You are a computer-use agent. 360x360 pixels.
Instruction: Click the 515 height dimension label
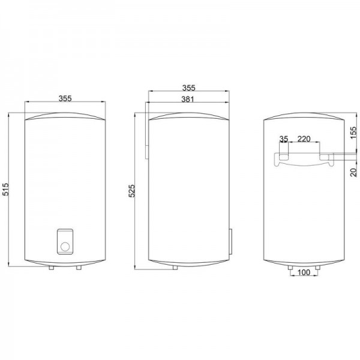pos(5,190)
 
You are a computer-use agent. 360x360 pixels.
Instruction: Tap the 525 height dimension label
pos(132,191)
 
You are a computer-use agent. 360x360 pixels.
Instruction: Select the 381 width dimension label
pos(188,99)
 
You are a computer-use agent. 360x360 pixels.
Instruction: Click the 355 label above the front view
pos(65,98)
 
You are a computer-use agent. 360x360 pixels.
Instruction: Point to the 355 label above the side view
pos(189,88)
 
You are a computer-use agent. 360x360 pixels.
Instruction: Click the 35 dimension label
pos(284,139)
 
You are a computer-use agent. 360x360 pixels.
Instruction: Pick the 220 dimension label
pos(304,139)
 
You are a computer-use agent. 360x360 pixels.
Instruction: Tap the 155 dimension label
pos(354,133)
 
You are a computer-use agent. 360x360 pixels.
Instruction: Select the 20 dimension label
pos(354,172)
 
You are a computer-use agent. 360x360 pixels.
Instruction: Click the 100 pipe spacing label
pos(304,272)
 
